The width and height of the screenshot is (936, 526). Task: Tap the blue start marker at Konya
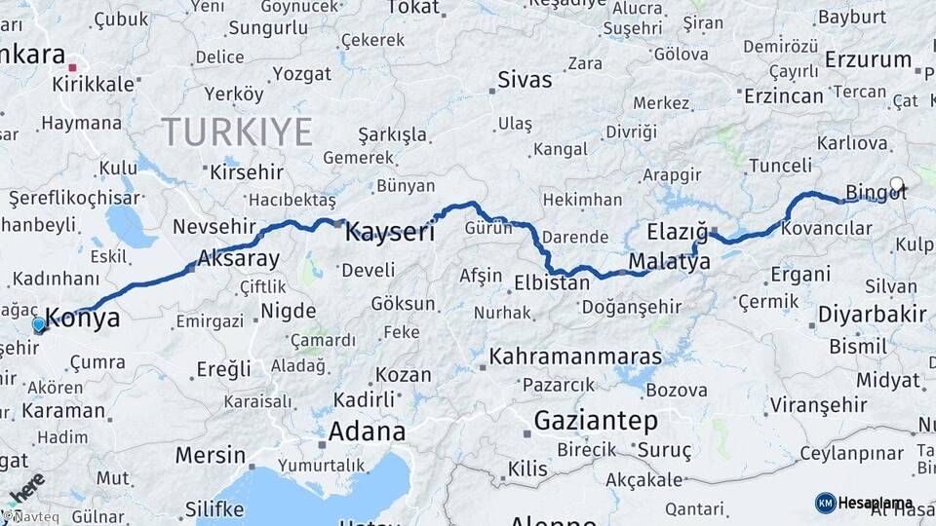coord(39,324)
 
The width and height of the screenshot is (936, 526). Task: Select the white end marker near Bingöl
coord(896,183)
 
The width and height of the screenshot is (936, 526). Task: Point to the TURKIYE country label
coord(237,131)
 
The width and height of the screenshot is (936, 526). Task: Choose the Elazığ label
coord(677,232)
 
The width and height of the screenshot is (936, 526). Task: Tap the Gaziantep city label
coord(596,422)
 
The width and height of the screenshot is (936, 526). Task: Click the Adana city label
coord(367,431)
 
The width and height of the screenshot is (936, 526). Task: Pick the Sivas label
coord(525,79)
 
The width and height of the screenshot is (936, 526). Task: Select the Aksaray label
coord(238,259)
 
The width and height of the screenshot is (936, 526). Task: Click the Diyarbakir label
coord(872,314)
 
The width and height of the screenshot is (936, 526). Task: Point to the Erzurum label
coord(867,59)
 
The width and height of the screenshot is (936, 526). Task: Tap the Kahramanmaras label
coord(575,357)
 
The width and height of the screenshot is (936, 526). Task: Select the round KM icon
coord(825,503)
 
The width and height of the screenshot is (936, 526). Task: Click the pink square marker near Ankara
coord(73,68)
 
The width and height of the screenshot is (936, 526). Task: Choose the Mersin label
coord(211,455)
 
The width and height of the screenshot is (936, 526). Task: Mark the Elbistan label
coord(552,283)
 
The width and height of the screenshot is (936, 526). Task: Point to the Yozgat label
coord(302,74)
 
